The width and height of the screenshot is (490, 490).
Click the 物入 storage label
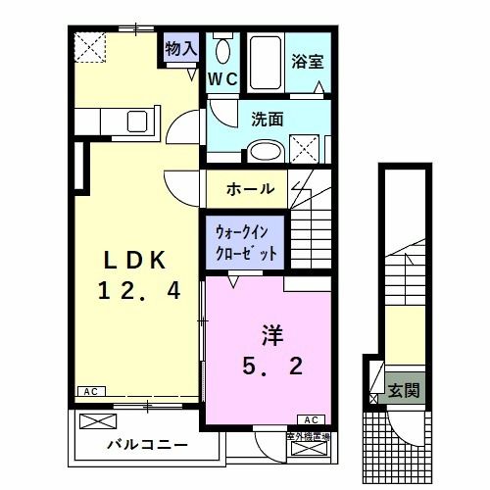coord(180,47)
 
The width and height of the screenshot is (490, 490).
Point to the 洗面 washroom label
coord(267,121)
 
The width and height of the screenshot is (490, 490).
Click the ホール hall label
coord(250,188)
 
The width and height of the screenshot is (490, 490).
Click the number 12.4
coord(138,290)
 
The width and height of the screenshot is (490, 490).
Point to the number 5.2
coord(271,367)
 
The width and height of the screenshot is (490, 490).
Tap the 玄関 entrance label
coord(403,389)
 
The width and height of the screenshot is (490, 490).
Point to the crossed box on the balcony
coord(98,422)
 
